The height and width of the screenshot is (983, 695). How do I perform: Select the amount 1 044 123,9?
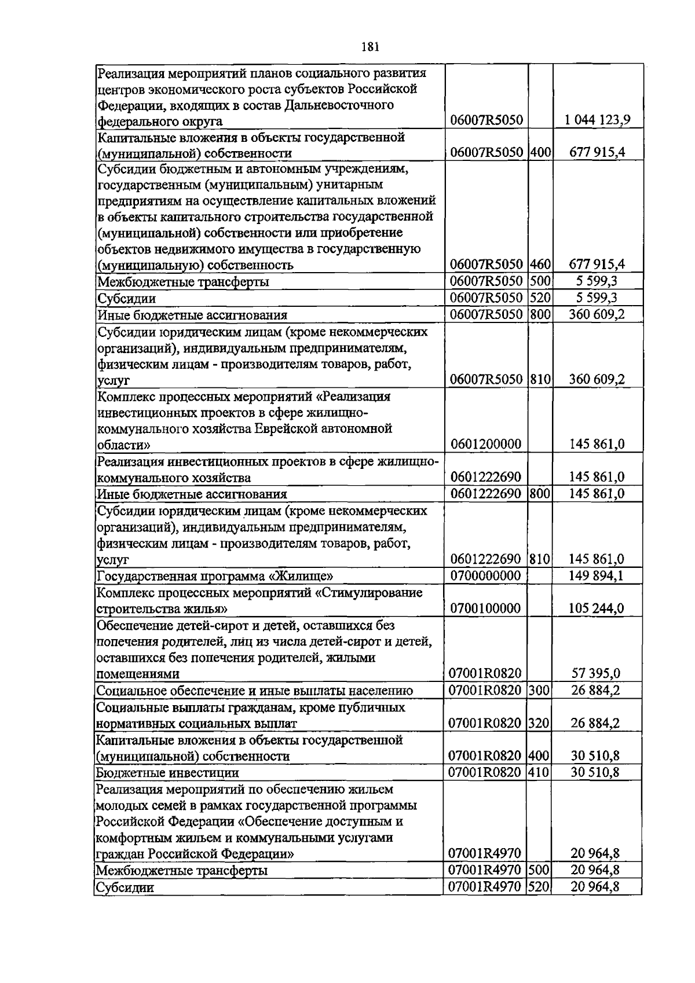(598, 120)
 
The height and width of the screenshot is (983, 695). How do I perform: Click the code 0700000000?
(485, 576)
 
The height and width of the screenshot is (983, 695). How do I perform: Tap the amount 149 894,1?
(597, 576)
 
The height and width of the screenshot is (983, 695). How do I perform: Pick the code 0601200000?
(485, 445)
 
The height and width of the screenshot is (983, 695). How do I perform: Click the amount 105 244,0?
(597, 608)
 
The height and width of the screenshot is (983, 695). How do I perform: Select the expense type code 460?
(540, 265)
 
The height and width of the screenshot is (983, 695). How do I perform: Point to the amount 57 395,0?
(597, 673)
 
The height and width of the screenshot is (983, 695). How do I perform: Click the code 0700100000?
(485, 608)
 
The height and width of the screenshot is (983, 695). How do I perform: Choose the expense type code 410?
(539, 772)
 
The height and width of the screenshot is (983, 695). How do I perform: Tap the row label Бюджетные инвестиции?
(167, 773)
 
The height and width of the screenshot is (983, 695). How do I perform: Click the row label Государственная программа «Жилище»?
(215, 577)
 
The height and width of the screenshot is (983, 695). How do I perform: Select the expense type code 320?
(539, 723)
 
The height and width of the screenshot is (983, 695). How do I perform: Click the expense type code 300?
(539, 690)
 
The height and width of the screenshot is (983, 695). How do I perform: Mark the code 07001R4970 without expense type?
(485, 853)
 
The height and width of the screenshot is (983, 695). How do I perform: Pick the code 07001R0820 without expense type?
(485, 673)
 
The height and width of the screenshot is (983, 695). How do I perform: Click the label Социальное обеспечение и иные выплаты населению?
(254, 691)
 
